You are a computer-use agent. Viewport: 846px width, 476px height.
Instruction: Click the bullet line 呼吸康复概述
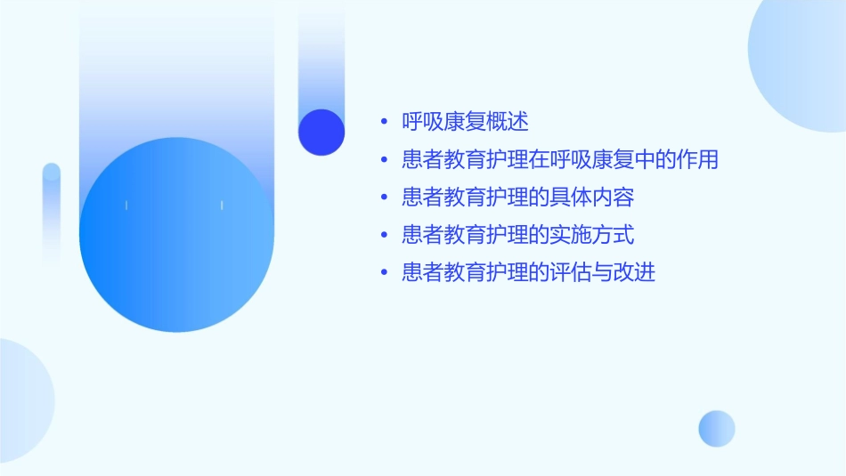click(465, 122)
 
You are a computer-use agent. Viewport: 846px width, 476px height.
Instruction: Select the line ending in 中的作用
click(559, 160)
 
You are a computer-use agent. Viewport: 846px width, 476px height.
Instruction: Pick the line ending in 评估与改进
click(528, 272)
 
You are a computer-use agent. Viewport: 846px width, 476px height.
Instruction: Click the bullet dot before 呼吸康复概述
click(384, 123)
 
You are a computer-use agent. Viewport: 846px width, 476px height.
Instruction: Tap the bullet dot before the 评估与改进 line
click(384, 273)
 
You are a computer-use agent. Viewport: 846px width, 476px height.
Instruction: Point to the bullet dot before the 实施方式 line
click(384, 236)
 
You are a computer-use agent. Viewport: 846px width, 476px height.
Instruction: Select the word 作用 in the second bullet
click(697, 160)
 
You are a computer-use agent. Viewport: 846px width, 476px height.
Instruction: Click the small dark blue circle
click(321, 132)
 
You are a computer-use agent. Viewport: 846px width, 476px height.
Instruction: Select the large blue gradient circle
click(176, 235)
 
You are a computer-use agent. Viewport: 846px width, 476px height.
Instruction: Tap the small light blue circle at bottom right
click(717, 428)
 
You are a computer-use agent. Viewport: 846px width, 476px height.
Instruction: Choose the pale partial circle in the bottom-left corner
click(22, 400)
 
